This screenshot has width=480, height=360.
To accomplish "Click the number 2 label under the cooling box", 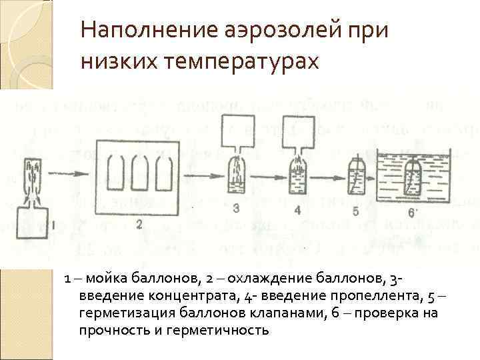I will coord(139,225).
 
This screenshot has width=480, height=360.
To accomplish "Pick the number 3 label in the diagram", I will coord(235,209).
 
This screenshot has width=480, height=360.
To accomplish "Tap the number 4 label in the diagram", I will coord(296,211).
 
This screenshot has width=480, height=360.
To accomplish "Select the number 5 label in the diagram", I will coord(355,212).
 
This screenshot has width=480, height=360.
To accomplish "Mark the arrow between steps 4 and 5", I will coord(326,179).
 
